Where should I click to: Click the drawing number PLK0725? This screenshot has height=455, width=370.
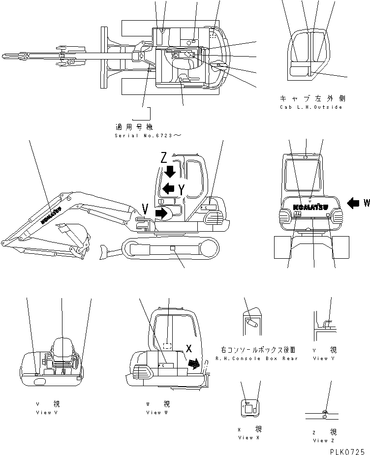tap(347, 450)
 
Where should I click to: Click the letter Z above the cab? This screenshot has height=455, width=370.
tap(164, 157)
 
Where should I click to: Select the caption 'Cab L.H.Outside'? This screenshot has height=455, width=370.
tap(310, 107)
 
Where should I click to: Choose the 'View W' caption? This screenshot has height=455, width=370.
tap(157, 412)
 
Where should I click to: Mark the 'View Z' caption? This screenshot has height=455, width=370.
tap(323, 440)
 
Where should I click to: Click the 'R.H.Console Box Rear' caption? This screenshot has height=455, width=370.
tap(256, 359)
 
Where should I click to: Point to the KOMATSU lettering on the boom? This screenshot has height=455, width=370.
tap(51, 215)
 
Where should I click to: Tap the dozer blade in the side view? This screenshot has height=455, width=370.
tap(104, 251)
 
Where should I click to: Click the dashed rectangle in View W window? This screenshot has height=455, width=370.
tap(167, 346)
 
